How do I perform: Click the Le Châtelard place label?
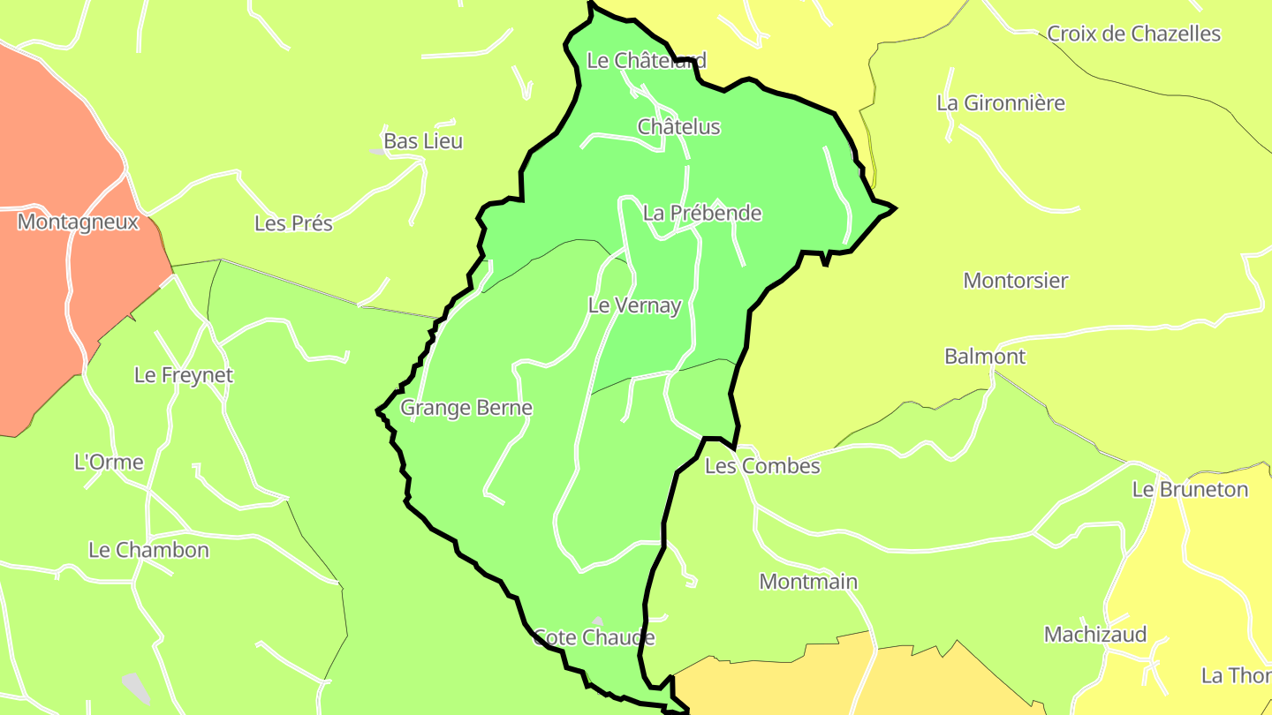point(647,60)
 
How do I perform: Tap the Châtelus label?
point(679,127)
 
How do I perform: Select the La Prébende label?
point(702,213)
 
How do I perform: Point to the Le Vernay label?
point(635,306)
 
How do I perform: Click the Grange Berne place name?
point(466,408)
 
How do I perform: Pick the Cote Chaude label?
point(594,637)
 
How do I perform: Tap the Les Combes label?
point(762,466)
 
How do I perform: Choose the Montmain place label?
point(808,582)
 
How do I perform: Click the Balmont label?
point(985,357)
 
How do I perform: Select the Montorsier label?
point(1016,281)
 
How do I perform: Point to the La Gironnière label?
point(1001,103)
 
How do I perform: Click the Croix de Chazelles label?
point(1133,34)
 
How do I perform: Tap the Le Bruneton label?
point(1191,490)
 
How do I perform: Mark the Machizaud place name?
point(1095,635)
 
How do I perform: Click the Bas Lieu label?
point(423,141)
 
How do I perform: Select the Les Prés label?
point(293,223)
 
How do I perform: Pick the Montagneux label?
point(78,222)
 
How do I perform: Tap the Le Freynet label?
point(184,375)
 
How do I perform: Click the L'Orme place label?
point(109,462)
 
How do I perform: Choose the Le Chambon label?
point(148,550)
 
